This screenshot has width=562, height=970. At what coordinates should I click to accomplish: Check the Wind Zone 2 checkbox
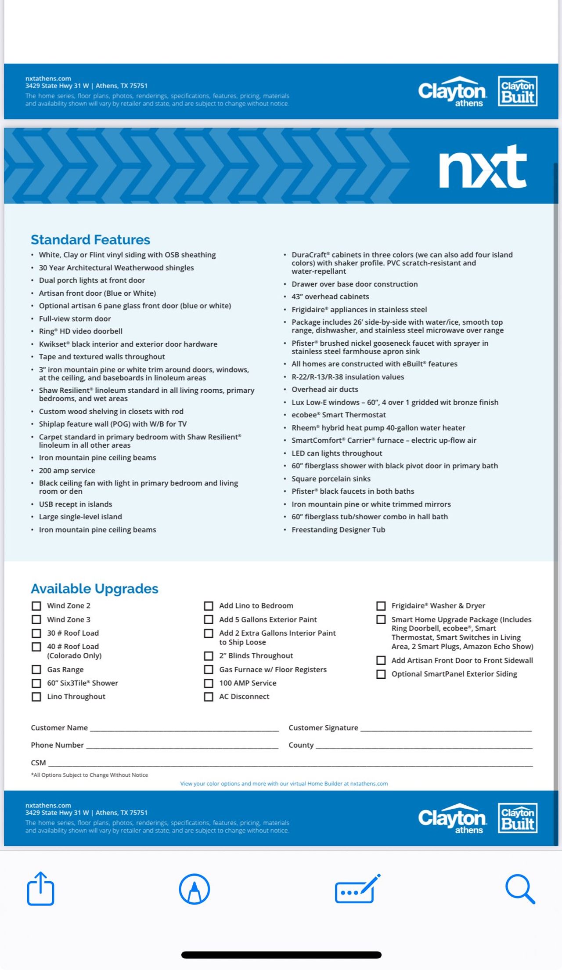(x=36, y=606)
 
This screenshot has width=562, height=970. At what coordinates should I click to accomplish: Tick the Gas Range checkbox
(x=36, y=670)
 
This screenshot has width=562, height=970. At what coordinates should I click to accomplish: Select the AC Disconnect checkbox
(x=209, y=697)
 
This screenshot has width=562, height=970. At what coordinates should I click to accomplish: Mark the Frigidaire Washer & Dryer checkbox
(x=381, y=606)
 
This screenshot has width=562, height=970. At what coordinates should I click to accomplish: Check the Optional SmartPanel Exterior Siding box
(x=381, y=674)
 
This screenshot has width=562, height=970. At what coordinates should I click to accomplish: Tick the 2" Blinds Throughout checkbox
(x=209, y=656)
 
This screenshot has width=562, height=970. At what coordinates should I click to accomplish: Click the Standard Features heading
(x=90, y=240)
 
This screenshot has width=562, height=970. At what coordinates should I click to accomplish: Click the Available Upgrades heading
(x=94, y=589)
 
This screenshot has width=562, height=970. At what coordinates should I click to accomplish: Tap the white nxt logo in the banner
(x=483, y=167)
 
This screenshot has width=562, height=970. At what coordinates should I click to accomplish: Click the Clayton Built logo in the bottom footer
(x=518, y=818)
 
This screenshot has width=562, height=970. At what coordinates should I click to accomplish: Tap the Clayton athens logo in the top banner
(x=452, y=92)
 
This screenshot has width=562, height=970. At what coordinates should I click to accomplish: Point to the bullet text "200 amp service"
(x=67, y=471)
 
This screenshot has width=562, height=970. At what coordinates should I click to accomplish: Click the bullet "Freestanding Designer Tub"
(x=338, y=530)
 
